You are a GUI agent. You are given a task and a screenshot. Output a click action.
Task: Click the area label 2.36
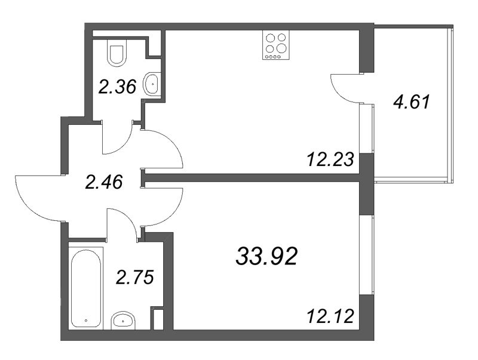click(x=117, y=87)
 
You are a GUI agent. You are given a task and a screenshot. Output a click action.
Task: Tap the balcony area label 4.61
click(x=412, y=102)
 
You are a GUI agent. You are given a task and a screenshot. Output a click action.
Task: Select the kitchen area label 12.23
click(x=331, y=159)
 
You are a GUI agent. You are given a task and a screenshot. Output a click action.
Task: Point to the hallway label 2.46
click(x=104, y=182)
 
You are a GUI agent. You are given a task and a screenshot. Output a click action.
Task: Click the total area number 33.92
click(x=266, y=256)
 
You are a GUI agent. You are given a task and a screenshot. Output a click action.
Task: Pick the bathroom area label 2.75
click(x=134, y=278)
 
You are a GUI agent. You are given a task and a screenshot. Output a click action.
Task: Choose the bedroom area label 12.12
click(x=331, y=316)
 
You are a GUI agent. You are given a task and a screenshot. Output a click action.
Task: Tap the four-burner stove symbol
click(x=275, y=45)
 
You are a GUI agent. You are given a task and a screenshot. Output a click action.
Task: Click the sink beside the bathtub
click(x=123, y=320)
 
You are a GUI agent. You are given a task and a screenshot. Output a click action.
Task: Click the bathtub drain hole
click(x=86, y=321)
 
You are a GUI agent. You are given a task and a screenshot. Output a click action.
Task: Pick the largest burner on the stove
click(x=281, y=48)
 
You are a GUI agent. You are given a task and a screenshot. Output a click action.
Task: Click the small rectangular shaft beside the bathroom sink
click(x=158, y=319)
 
